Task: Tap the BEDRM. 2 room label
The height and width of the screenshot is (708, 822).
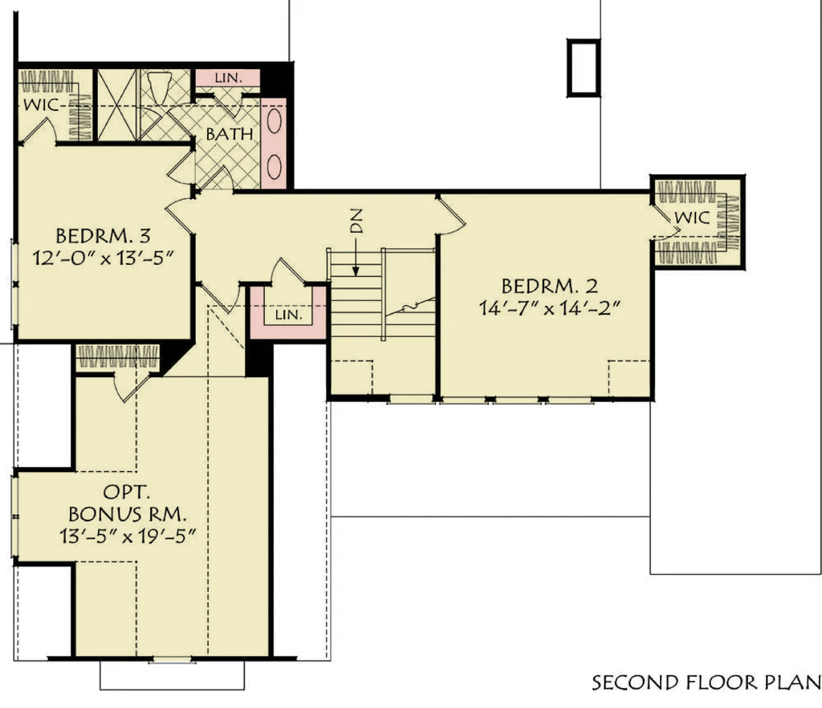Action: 550,286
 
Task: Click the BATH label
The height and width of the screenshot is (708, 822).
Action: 230,134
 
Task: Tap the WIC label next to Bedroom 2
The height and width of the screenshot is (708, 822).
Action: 691,218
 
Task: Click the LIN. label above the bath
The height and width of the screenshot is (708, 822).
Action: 228,77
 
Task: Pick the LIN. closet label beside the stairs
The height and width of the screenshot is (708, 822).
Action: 288,315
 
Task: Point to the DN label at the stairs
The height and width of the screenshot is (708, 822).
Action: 358,220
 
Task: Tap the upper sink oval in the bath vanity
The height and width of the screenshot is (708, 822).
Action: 275,124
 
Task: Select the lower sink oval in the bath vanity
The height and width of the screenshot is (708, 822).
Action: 275,166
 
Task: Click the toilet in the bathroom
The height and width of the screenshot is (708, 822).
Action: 157,85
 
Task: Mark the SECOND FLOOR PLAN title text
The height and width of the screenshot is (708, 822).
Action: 706,683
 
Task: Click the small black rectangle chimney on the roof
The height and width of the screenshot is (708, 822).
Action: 583,67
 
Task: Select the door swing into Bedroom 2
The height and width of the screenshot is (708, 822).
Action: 451,215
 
